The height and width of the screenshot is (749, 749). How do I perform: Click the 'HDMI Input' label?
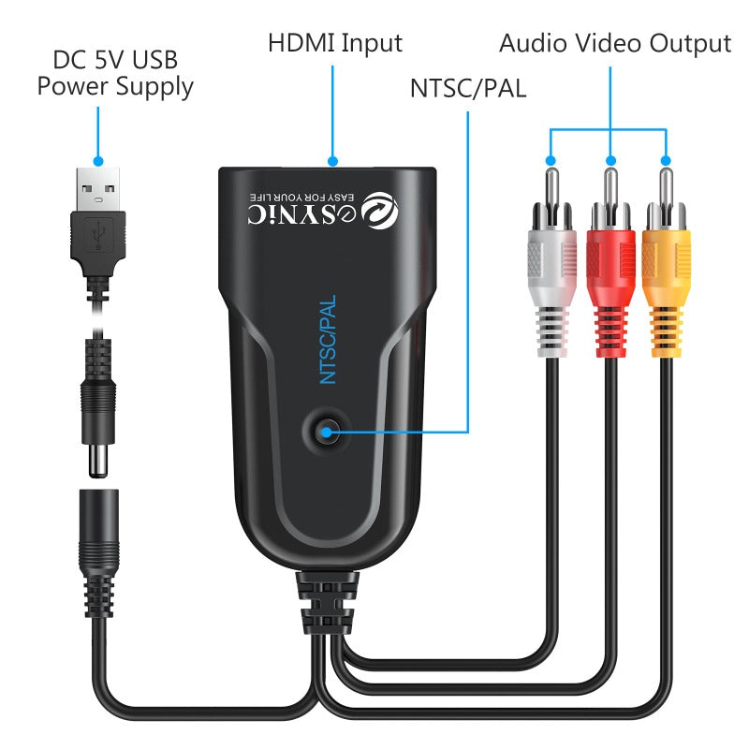coord(334,43)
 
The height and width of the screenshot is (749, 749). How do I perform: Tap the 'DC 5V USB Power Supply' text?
coord(114,74)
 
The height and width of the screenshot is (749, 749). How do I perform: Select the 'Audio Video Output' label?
coord(614,43)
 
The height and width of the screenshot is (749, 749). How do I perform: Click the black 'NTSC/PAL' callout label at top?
coord(468,89)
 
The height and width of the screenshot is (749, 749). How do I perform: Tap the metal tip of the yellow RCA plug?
coord(667,187)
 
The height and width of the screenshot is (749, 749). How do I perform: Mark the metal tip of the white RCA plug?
coord(552,187)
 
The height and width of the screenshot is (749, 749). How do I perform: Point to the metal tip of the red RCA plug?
coord(610,187)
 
